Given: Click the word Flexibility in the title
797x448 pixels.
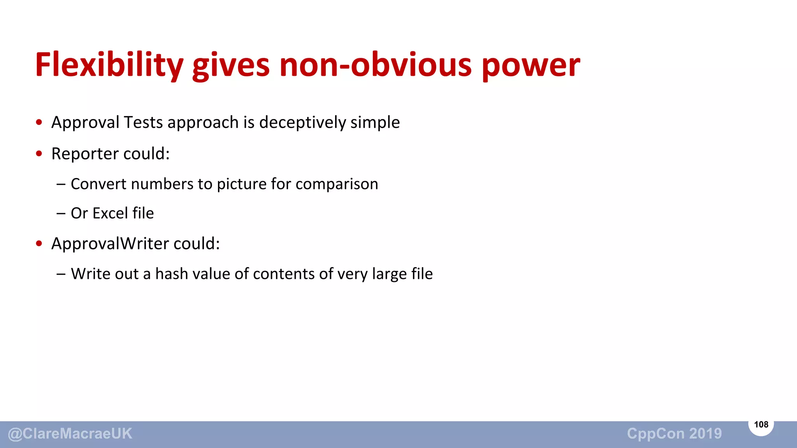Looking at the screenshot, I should [109, 65].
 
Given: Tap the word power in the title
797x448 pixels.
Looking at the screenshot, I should [531, 65].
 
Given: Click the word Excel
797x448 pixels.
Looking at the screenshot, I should [110, 213].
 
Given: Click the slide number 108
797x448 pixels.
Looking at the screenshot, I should [761, 425].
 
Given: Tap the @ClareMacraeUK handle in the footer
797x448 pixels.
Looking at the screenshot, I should [70, 434].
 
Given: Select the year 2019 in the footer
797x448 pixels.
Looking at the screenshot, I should [706, 434].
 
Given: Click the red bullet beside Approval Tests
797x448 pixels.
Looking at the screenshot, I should [39, 122].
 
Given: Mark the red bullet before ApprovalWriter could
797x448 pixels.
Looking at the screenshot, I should [39, 244].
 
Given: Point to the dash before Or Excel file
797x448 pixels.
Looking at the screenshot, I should [61, 213].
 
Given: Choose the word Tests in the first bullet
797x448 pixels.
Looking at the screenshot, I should [143, 122].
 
